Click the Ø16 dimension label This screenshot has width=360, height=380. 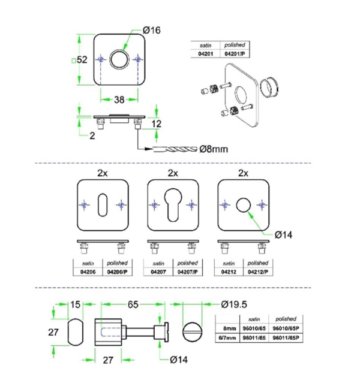(152, 30)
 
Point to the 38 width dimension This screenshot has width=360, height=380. (120, 99)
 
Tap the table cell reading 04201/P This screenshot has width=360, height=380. (235, 53)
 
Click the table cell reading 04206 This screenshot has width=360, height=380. (86, 272)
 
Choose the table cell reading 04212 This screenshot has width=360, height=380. (228, 272)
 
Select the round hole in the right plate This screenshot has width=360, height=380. (242, 205)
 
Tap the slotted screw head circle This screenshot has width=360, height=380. (192, 331)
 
